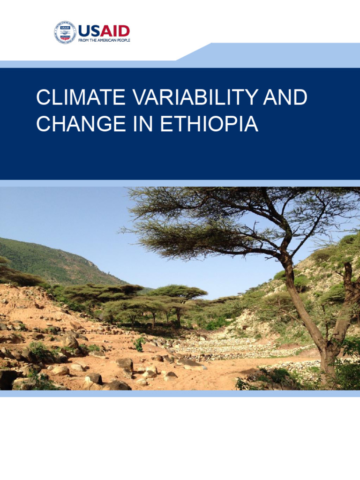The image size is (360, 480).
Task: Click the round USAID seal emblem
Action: pos(65,32)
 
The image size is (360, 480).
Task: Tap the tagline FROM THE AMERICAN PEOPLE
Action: pos(104,40)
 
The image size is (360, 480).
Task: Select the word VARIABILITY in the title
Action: pos(195,97)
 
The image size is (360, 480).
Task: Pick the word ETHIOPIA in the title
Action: pos(210,123)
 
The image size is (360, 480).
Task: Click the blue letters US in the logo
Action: pos(89,31)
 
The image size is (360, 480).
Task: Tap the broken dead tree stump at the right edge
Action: pos(349,281)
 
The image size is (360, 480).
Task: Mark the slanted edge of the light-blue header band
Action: pos(194,52)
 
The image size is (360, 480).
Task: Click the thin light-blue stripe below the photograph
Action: pos(180,394)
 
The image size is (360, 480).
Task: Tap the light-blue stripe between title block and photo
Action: pos(180,183)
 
